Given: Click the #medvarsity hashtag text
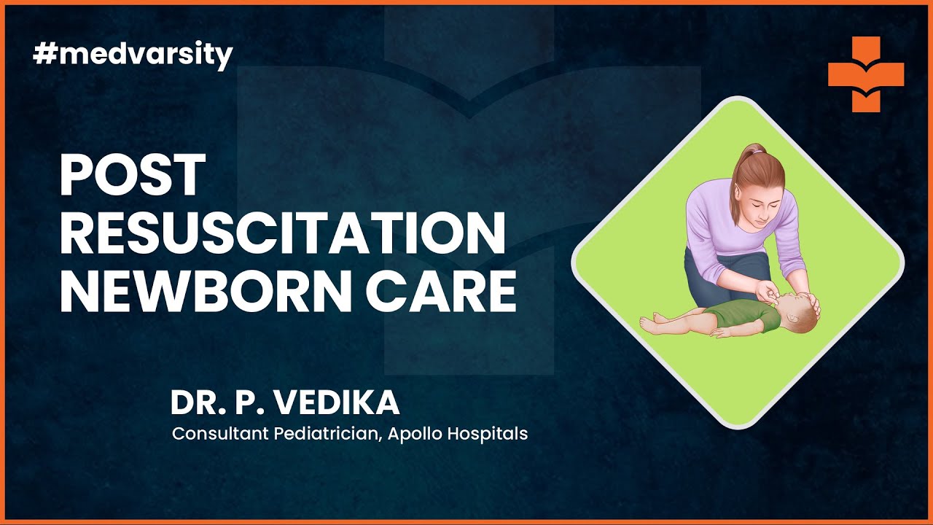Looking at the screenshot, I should coord(133,55).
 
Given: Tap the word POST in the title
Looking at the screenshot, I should coord(132,176).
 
